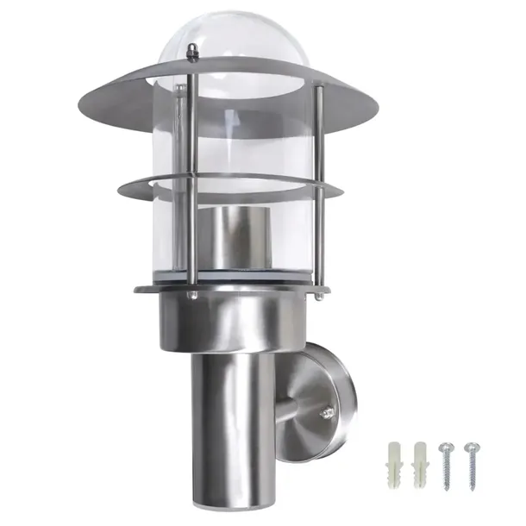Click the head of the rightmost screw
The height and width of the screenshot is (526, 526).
click(x=471, y=446)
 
